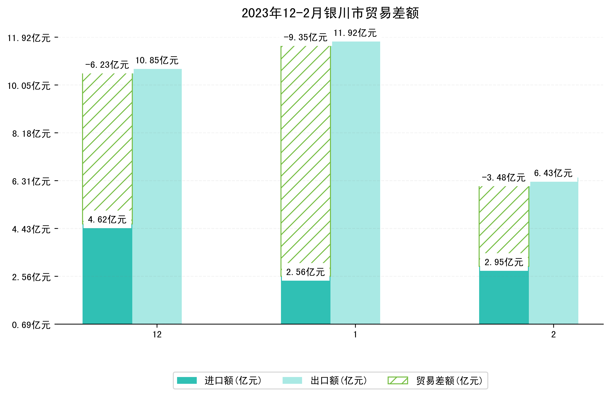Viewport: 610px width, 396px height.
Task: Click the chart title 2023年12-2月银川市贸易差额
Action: click(330, 13)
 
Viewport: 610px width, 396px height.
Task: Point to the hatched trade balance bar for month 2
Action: click(504, 220)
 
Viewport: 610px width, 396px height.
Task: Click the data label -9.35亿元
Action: click(305, 38)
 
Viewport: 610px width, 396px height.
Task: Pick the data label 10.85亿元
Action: click(157, 60)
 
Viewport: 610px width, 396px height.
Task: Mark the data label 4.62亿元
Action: click(107, 219)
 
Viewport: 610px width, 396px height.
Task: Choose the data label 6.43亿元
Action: click(553, 173)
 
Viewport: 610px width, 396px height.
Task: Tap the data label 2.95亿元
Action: click(504, 262)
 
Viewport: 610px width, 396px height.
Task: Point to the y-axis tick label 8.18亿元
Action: click(31, 134)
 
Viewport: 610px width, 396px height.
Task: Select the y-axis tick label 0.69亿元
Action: click(31, 325)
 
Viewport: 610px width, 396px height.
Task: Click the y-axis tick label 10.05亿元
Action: click(29, 86)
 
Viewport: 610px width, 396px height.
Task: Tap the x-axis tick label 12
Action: click(157, 335)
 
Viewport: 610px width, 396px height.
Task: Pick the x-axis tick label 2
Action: click(553, 335)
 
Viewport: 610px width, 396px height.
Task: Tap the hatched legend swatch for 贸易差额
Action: click(398, 380)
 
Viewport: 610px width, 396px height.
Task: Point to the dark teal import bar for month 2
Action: click(504, 297)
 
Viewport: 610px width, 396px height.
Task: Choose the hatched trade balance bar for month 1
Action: click(305, 154)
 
